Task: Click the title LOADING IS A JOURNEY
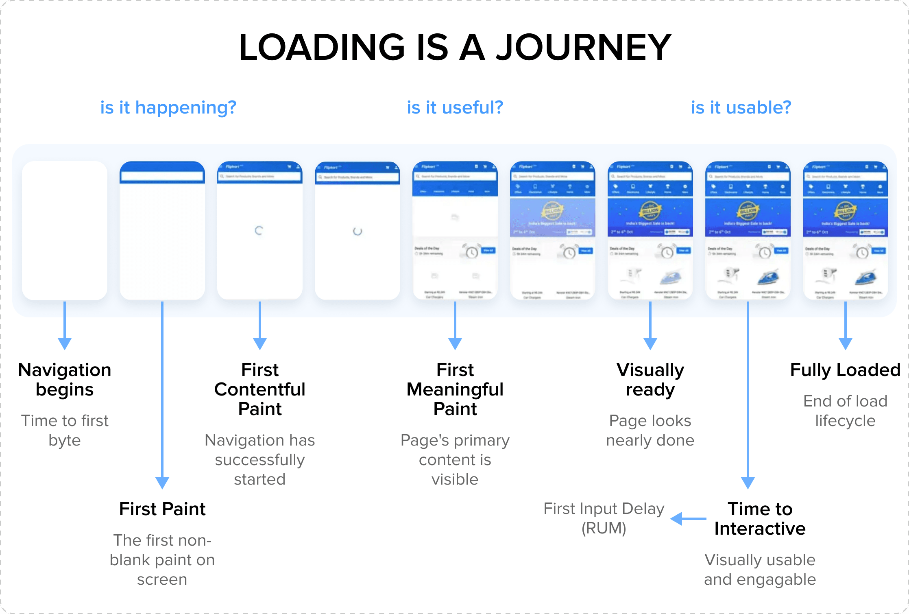pyautogui.click(x=455, y=47)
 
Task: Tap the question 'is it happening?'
pyautogui.click(x=168, y=108)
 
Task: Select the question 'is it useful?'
pyautogui.click(x=455, y=108)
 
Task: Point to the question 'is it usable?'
pyautogui.click(x=741, y=108)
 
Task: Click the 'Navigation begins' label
pyautogui.click(x=65, y=380)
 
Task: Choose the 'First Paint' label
pyautogui.click(x=162, y=509)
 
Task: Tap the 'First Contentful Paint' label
pyautogui.click(x=260, y=389)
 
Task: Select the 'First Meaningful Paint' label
pyautogui.click(x=455, y=389)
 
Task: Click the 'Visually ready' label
pyautogui.click(x=650, y=380)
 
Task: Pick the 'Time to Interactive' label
pyautogui.click(x=760, y=519)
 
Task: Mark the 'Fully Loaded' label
pyautogui.click(x=845, y=370)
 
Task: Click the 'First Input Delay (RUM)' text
pyautogui.click(x=604, y=518)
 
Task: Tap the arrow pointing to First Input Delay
pyautogui.click(x=688, y=519)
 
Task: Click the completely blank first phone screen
pyautogui.click(x=65, y=230)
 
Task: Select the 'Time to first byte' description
pyautogui.click(x=65, y=430)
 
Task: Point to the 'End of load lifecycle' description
pyautogui.click(x=845, y=411)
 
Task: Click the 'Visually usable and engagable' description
pyautogui.click(x=760, y=570)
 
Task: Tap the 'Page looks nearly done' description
pyautogui.click(x=650, y=430)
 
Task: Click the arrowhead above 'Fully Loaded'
pyautogui.click(x=845, y=344)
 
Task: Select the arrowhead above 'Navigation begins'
pyautogui.click(x=65, y=344)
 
